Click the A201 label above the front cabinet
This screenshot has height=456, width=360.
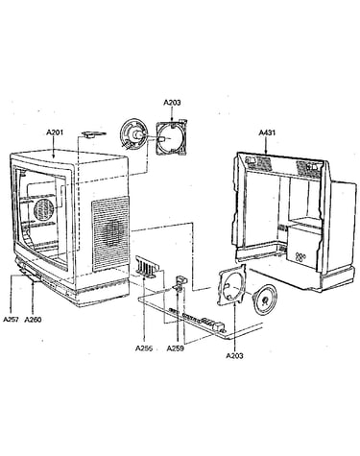tap(55, 132)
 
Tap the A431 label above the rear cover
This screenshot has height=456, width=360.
tap(267, 132)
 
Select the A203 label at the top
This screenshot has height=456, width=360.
tap(172, 102)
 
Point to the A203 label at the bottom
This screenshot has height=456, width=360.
tap(234, 355)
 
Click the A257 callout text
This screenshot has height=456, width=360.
tap(12, 319)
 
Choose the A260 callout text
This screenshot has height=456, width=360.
tap(33, 319)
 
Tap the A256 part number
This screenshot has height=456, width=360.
tap(144, 348)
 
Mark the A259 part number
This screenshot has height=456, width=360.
tap(176, 348)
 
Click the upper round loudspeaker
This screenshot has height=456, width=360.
tap(133, 133)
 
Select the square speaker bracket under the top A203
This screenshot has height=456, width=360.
tap(171, 137)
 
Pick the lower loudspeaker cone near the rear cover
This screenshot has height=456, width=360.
tap(265, 300)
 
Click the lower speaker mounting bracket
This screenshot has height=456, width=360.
tap(232, 285)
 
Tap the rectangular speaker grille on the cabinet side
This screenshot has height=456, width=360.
tap(110, 233)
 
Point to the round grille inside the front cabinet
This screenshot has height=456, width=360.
tap(43, 209)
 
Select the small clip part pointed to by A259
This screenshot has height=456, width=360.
tap(180, 283)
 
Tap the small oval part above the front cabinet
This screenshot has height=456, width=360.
tap(93, 134)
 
